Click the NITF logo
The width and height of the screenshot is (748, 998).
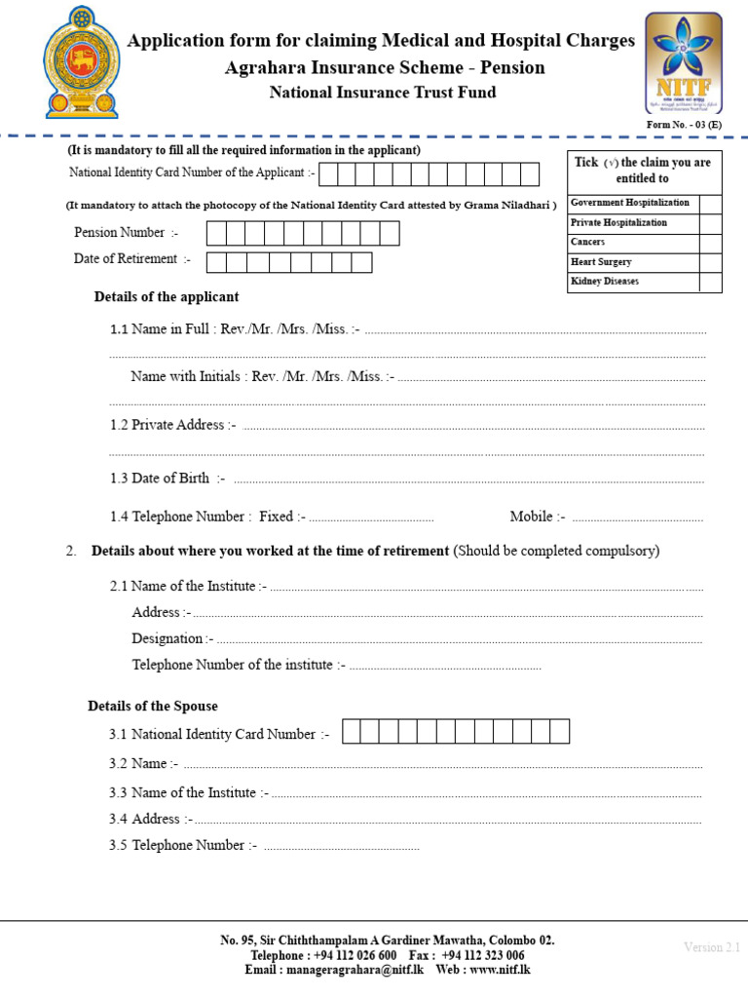683,63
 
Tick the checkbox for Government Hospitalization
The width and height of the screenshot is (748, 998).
710,204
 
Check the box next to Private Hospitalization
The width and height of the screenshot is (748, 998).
710,223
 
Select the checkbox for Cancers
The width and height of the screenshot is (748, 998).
710,243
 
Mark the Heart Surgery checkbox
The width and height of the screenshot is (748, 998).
710,262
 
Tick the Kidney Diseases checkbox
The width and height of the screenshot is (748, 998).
710,282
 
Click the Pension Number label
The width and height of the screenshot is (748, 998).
126,233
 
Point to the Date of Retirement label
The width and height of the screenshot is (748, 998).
131,259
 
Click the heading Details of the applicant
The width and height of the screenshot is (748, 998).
167,297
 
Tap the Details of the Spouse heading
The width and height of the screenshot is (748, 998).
153,707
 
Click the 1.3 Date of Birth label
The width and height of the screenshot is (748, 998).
168,479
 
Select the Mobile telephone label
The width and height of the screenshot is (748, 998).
537,517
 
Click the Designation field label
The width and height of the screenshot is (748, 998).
172,639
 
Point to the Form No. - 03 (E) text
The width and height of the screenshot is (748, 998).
685,125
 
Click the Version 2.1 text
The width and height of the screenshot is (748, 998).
712,947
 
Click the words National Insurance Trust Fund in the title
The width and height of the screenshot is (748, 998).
382,93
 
